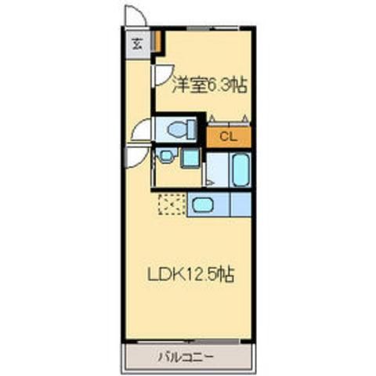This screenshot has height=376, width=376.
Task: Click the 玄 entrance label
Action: click(136, 43)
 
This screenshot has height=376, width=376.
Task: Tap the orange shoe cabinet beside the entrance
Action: click(157, 39)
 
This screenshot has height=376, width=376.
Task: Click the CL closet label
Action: click(227, 136)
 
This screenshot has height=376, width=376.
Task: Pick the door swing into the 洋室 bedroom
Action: click(161, 76)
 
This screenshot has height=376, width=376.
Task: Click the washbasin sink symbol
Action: click(164, 157)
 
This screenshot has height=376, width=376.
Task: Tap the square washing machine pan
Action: click(190, 157)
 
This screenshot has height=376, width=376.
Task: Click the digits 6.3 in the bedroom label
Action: click(218, 85)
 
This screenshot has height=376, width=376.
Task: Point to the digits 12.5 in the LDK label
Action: click(205, 274)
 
